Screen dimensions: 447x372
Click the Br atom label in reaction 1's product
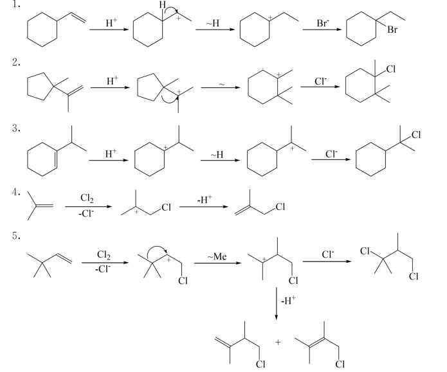pyautogui.click(x=392, y=30)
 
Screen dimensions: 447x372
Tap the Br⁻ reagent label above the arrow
pyautogui.click(x=323, y=23)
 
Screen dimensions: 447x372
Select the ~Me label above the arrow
pyautogui.click(x=217, y=256)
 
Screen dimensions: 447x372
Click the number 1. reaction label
pyautogui.click(x=16, y=4)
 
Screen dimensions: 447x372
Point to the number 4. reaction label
pyautogui.click(x=16, y=192)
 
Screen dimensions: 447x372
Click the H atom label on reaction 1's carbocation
pyautogui.click(x=163, y=4)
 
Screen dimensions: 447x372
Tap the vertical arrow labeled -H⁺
pyautogui.click(x=276, y=303)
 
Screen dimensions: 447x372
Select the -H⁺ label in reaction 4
pyautogui.click(x=205, y=199)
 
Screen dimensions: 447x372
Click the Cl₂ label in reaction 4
pyautogui.click(x=87, y=198)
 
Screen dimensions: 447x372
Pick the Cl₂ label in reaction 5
pyautogui.click(x=104, y=254)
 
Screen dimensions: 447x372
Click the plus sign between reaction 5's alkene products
pyautogui.click(x=278, y=342)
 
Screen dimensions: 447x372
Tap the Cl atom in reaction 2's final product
pyautogui.click(x=391, y=69)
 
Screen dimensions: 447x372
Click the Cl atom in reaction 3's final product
pyautogui.click(x=416, y=135)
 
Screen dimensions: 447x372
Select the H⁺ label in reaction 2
pyautogui.click(x=113, y=80)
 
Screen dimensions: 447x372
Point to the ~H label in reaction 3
pyautogui.click(x=217, y=155)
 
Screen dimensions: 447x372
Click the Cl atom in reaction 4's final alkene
pyautogui.click(x=280, y=207)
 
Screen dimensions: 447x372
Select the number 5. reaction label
pyautogui.click(x=16, y=236)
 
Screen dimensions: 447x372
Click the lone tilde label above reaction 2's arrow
pyautogui.click(x=222, y=84)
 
